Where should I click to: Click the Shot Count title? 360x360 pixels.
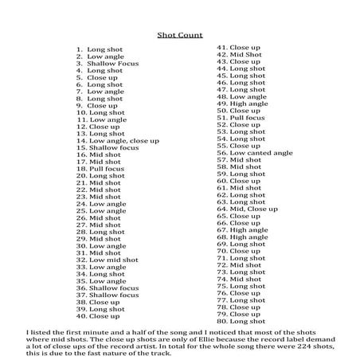click(179, 35)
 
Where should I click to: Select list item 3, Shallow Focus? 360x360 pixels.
click(110, 64)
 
